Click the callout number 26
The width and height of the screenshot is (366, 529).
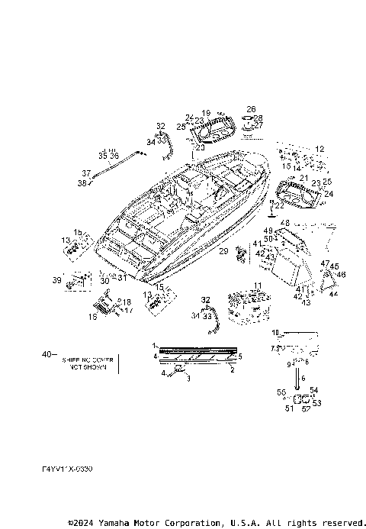[251, 109]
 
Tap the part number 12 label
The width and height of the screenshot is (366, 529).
[319, 149]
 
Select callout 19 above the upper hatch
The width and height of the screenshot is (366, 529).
[206, 113]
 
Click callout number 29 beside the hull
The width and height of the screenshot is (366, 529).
[223, 251]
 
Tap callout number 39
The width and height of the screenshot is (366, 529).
[56, 280]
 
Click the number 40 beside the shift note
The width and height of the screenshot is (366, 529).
[47, 354]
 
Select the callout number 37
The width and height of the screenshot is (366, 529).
[86, 173]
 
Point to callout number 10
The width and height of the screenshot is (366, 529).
[276, 333]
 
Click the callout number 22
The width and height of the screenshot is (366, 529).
[279, 205]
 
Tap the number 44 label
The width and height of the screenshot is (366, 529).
[333, 293]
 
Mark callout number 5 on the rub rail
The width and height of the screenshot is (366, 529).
[240, 356]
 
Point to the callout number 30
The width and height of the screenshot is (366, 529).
[105, 280]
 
